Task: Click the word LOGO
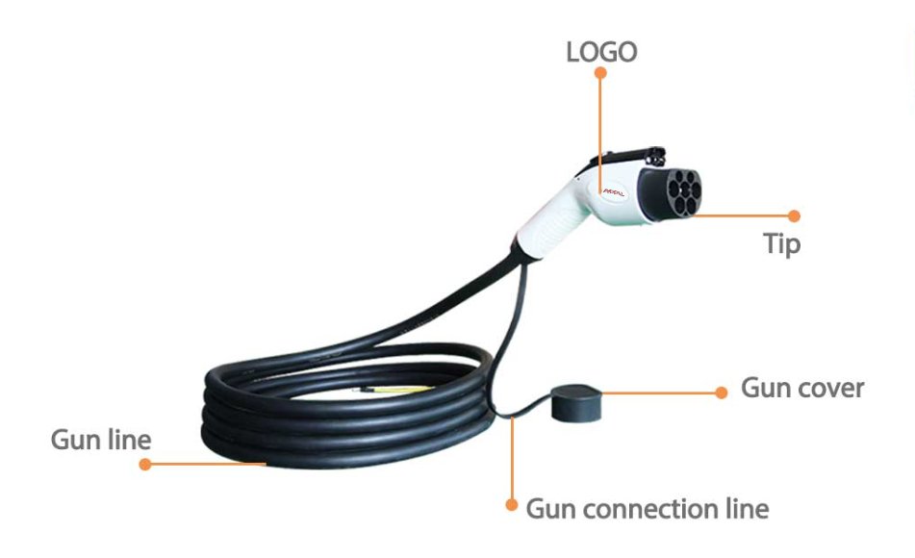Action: (601, 52)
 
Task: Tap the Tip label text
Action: (781, 243)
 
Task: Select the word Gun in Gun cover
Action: (763, 388)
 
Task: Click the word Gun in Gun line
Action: (72, 440)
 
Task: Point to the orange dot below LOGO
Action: (600, 73)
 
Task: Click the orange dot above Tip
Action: (794, 216)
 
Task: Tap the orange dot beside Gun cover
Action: (722, 393)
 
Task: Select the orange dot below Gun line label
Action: (145, 464)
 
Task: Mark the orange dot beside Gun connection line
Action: (512, 505)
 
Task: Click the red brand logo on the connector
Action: (613, 192)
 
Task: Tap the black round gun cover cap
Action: (575, 403)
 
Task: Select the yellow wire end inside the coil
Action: (396, 388)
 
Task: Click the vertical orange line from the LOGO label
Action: (599, 133)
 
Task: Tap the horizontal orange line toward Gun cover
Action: (658, 393)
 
